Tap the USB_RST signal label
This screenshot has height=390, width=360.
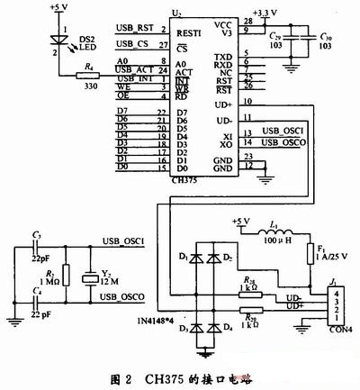[134, 29]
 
